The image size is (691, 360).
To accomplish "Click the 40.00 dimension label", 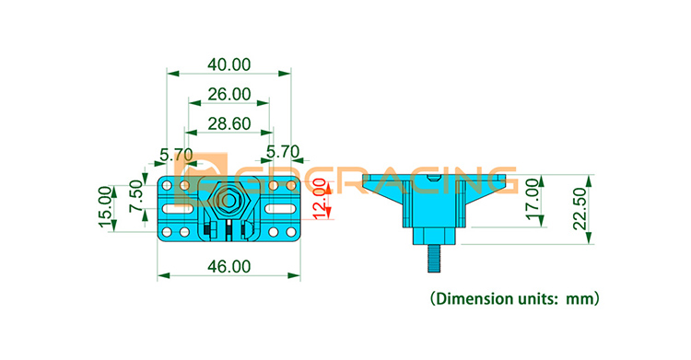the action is point(229,64).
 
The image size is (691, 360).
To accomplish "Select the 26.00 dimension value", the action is point(229,94).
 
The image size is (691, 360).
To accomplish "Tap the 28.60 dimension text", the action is point(229,123).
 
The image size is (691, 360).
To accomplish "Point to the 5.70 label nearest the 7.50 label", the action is point(176,155).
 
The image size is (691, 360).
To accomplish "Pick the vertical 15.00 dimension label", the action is point(105,207).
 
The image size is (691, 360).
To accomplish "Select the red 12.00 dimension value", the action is point(321,199).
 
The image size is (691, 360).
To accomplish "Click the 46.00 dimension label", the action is point(229,267).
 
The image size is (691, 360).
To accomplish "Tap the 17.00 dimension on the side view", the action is point(533,199).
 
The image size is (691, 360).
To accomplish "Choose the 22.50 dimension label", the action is point(580,209).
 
